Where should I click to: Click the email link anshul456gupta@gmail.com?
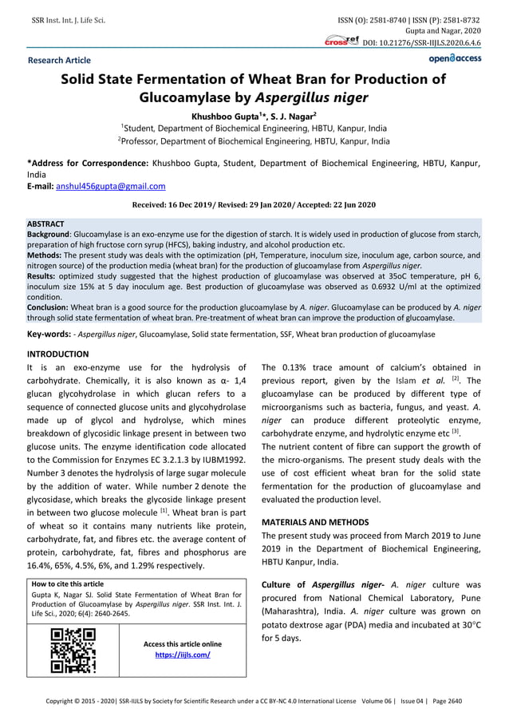[x=111, y=186]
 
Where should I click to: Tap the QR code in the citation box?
[x=73, y=650]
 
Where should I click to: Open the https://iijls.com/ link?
[x=183, y=655]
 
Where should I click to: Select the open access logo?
[x=454, y=58]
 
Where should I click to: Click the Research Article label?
[x=59, y=60]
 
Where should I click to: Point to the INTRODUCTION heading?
[x=58, y=354]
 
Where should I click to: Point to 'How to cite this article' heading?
[x=67, y=584]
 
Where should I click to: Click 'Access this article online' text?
[x=183, y=643]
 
